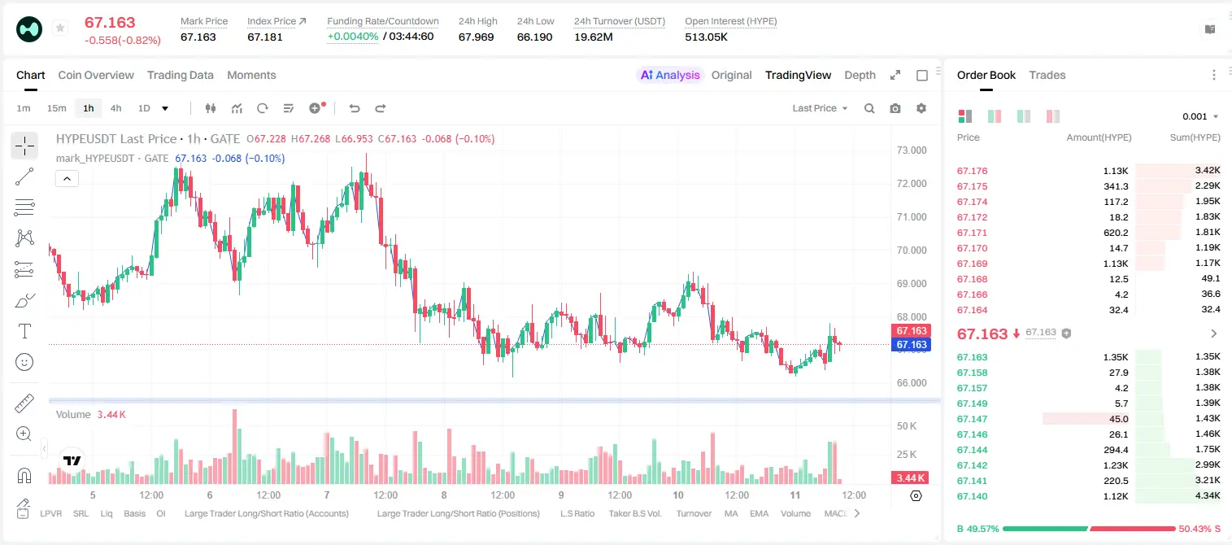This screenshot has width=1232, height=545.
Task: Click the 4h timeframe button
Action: pos(115,108)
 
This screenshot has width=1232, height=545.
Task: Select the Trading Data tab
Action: pos(180,75)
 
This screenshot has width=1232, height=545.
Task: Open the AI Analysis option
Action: pos(670,75)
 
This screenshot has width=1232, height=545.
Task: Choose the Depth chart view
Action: pos(860,75)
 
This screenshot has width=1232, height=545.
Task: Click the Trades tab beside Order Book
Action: pos(1047,75)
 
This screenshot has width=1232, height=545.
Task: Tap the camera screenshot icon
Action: pos(895,108)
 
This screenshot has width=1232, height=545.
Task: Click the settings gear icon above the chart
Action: pos(921,108)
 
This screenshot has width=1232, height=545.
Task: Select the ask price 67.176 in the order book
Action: pos(972,171)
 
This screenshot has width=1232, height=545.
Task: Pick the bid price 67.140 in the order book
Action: pos(972,496)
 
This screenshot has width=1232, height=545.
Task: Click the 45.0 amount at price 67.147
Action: pos(1119,419)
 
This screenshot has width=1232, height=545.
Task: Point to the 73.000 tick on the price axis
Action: pos(912,150)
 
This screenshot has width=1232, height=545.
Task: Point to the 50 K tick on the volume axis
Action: pos(907,425)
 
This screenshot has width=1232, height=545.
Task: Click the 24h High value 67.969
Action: pos(476,37)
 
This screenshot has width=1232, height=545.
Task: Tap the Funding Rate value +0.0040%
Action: pos(353,37)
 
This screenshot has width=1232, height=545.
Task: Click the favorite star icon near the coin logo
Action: pos(60,28)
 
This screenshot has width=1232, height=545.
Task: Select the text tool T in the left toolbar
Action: pos(24,331)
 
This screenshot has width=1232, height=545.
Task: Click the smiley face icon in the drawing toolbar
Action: pos(24,362)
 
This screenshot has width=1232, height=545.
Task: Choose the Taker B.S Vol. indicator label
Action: pos(634,513)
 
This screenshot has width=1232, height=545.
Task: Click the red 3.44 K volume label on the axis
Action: pos(910,478)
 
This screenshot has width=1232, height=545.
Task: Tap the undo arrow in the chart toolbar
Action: pos(355,108)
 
